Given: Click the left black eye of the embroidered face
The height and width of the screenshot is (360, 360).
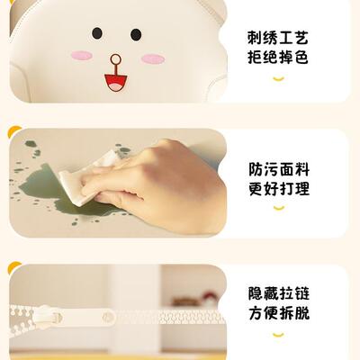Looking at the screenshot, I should tap(96, 33).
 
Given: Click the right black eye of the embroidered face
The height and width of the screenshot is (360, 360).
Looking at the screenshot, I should tap(136, 34).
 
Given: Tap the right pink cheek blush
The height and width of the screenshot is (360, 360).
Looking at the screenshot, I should tap(154, 58).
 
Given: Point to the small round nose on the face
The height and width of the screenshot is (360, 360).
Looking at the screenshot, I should tap(114, 61).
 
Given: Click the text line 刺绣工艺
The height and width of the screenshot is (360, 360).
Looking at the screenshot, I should tap(278, 39).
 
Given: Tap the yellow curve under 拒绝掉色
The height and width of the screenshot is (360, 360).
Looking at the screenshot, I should tap(278, 79).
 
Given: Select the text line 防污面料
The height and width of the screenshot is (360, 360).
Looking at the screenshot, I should tap(278, 168).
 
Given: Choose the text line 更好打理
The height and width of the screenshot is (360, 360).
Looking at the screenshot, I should tap(278, 190).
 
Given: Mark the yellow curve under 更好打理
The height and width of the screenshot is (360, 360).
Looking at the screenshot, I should tap(278, 209).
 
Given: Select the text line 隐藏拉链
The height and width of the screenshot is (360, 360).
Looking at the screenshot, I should tap(278, 293).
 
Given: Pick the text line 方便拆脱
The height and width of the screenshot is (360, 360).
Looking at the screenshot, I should tap(278, 315).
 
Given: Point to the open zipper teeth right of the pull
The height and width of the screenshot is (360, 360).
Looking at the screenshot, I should tap(171, 317).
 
